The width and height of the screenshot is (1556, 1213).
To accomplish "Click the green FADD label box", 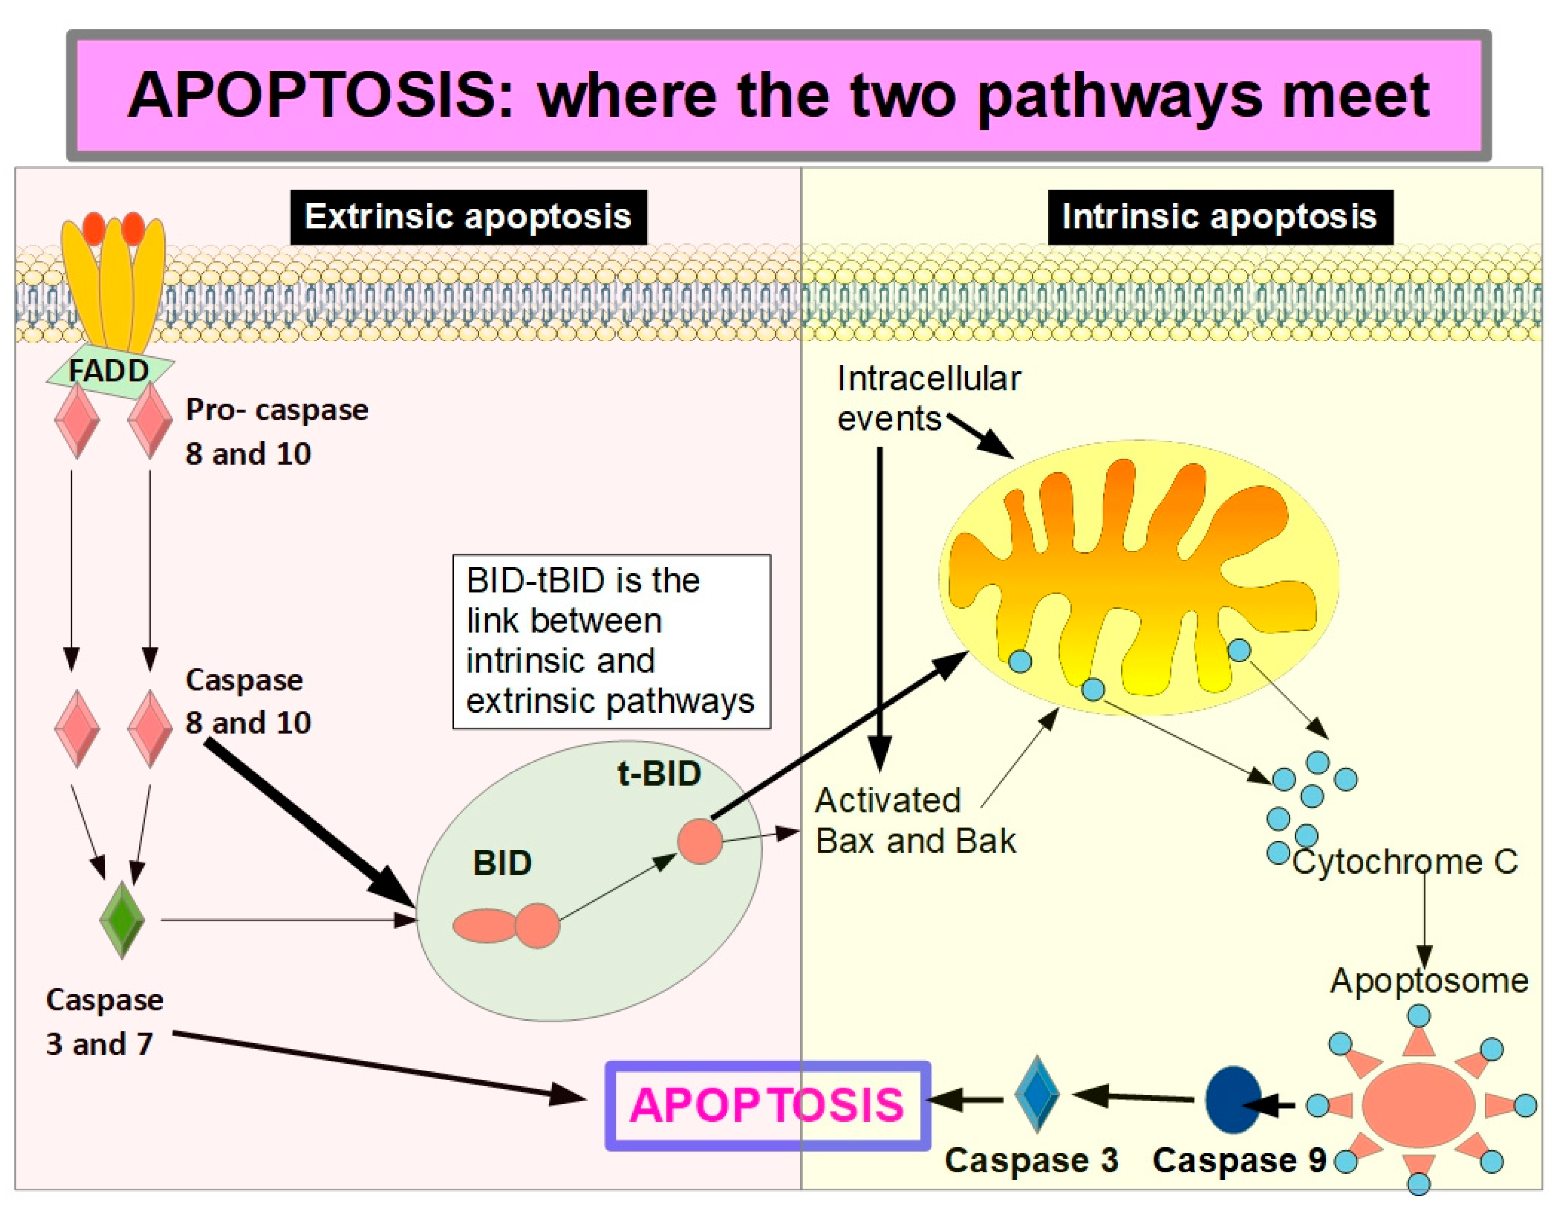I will tap(109, 371).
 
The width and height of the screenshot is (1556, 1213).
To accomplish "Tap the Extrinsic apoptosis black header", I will tap(468, 217).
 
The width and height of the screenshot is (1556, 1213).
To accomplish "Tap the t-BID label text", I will tap(658, 774).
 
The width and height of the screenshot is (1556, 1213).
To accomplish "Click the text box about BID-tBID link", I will tap(611, 642).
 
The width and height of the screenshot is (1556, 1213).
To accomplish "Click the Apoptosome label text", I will tap(1428, 980).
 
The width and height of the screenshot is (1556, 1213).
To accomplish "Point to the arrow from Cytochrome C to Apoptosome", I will tap(1425, 919).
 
